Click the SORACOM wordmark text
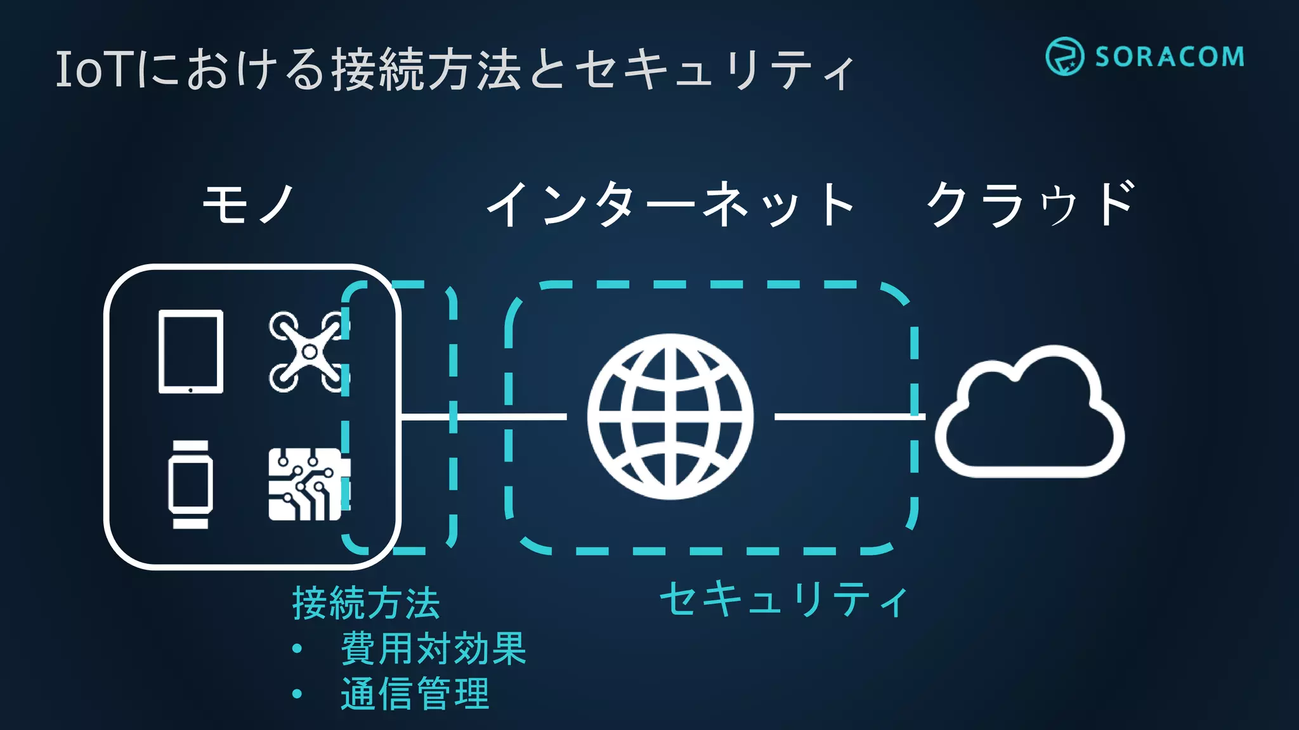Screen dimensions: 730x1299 (1169, 57)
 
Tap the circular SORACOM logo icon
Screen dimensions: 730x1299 (1064, 56)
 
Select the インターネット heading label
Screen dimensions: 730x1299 (670, 204)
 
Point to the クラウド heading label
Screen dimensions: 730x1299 (1030, 204)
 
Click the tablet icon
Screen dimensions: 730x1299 (190, 352)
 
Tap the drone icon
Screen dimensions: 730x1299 (309, 352)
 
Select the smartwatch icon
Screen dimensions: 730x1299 (190, 484)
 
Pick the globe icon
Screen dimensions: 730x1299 (670, 416)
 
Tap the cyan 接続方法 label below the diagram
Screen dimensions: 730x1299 (366, 603)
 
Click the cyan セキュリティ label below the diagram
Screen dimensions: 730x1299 (784, 599)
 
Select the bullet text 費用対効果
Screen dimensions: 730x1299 (433, 649)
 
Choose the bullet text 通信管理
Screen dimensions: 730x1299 (415, 694)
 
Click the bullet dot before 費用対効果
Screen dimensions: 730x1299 (297, 649)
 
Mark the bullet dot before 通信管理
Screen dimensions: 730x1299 (297, 694)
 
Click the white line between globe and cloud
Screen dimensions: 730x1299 (849, 416)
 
